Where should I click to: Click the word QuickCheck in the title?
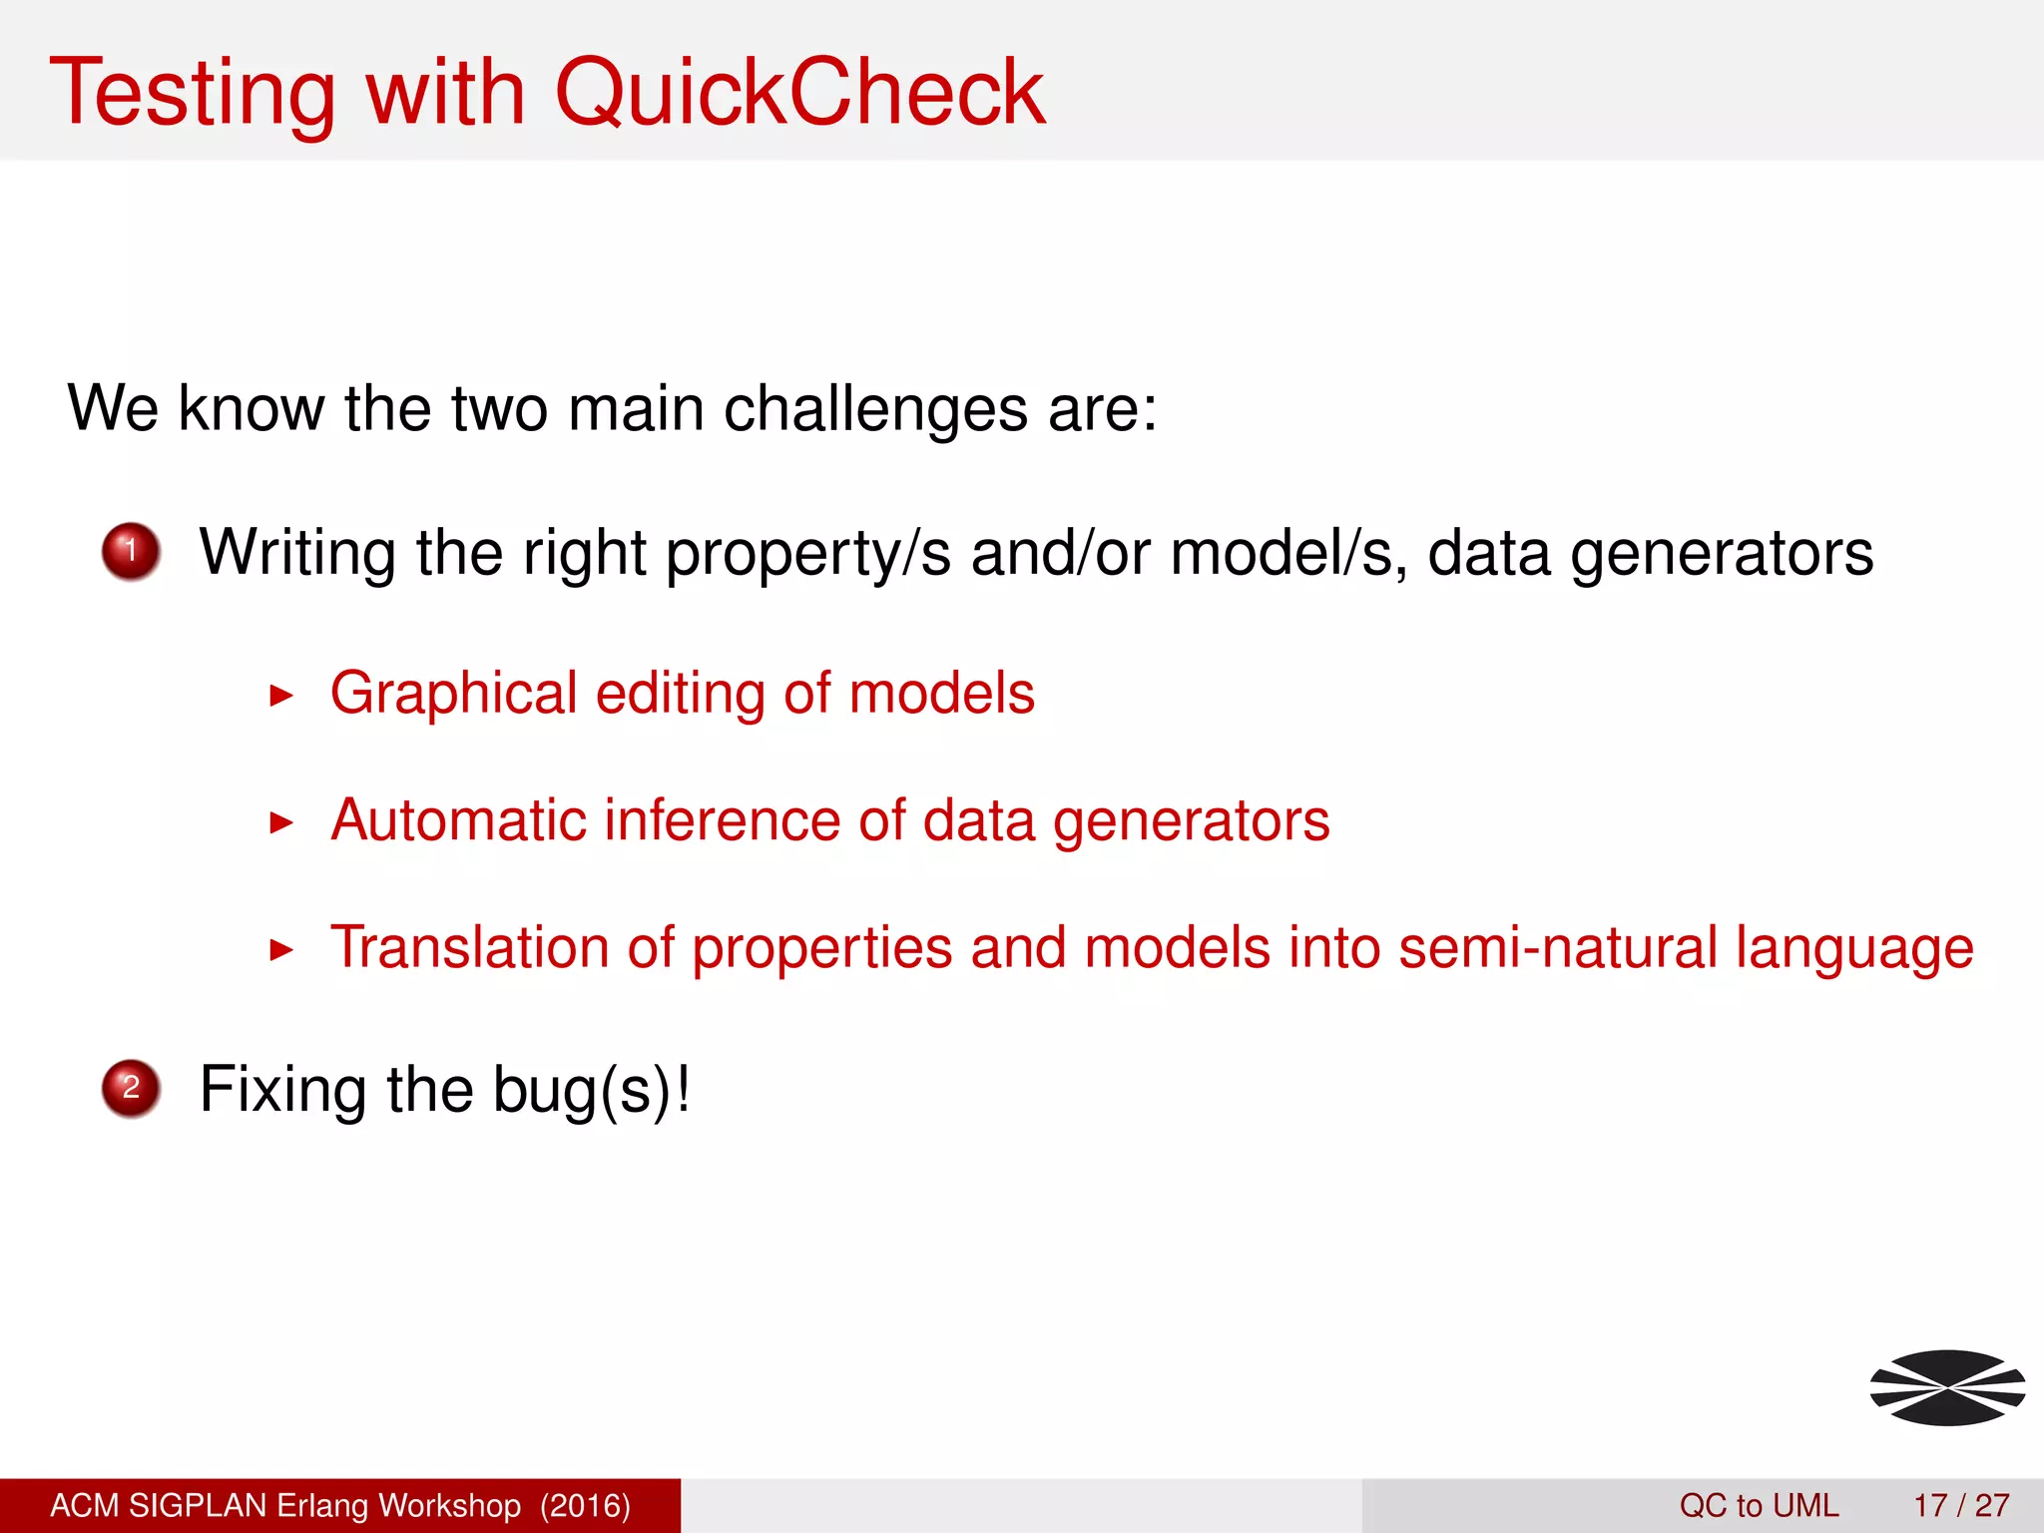[798, 92]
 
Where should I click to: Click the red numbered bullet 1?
[131, 551]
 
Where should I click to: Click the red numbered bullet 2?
[131, 1088]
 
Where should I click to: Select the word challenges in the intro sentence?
[875, 409]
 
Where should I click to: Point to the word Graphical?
[454, 694]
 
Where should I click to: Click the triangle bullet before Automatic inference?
[282, 823]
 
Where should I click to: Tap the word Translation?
[469, 948]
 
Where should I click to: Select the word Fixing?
[283, 1090]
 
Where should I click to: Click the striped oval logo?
[1947, 1387]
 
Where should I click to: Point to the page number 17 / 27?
[1961, 1505]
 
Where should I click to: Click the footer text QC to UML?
[1759, 1505]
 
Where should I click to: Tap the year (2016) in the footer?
[585, 1505]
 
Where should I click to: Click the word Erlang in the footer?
[324, 1505]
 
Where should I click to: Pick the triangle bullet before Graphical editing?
[282, 696]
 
